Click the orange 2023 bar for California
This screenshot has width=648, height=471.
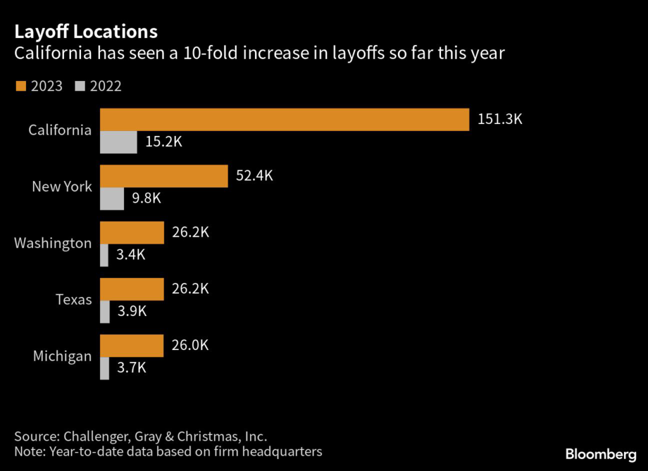pyautogui.click(x=285, y=119)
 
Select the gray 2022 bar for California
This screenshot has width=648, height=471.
pyautogui.click(x=118, y=142)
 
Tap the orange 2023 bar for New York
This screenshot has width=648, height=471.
pyautogui.click(x=164, y=176)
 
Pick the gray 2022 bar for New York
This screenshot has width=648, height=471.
pyautogui.click(x=112, y=199)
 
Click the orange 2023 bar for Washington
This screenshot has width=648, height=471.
pyautogui.click(x=132, y=232)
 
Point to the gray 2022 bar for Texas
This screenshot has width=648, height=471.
pyautogui.click(x=104, y=311)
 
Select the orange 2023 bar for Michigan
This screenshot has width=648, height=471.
pyautogui.click(x=132, y=346)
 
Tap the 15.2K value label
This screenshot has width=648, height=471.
pyautogui.click(x=163, y=142)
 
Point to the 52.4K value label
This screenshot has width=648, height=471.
pyautogui.click(x=254, y=176)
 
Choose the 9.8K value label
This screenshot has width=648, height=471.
pyautogui.click(x=146, y=199)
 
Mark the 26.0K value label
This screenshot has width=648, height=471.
pyautogui.click(x=190, y=346)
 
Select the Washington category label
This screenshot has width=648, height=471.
pyautogui.click(x=53, y=243)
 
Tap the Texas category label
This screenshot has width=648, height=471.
pyautogui.click(x=73, y=299)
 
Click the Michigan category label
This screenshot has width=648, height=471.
pyautogui.click(x=62, y=356)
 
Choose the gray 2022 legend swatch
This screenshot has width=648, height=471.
pyautogui.click(x=80, y=86)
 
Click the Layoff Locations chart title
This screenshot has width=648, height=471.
pyautogui.click(x=86, y=31)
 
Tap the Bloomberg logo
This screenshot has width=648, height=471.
pyautogui.click(x=600, y=454)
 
